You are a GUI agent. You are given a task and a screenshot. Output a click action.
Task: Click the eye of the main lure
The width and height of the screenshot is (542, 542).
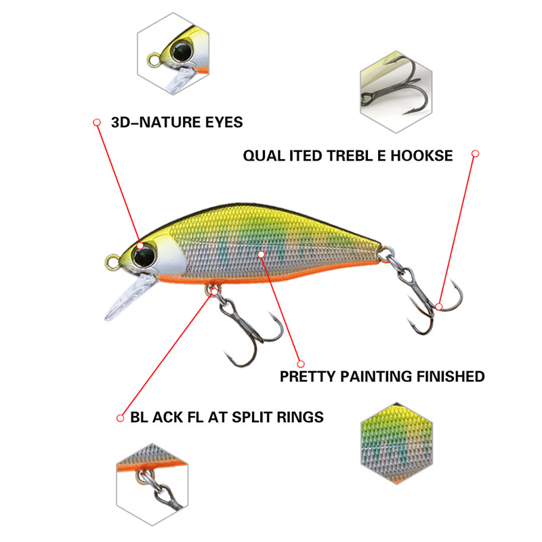point(143,255)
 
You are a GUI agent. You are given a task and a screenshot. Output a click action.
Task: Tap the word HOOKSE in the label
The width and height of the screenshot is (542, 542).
point(423,156)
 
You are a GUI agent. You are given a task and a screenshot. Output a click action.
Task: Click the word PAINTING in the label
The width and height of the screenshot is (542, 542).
point(380,376)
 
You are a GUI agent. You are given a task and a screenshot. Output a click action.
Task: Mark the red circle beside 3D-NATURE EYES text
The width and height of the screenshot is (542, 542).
point(96,122)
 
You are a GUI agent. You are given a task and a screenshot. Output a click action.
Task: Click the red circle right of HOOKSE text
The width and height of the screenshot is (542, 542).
point(476,154)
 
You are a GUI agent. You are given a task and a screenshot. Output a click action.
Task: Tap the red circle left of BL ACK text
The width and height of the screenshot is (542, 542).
point(120,417)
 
